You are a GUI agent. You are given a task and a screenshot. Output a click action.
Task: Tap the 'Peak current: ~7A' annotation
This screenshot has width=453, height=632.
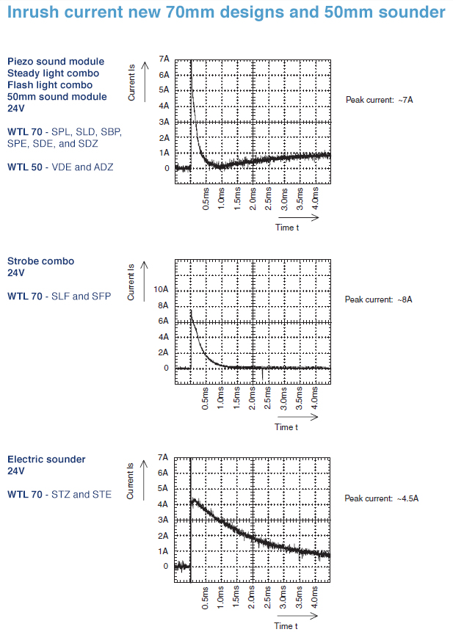pos(380,99)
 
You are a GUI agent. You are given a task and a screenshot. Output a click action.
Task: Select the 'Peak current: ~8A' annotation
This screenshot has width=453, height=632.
pos(379,299)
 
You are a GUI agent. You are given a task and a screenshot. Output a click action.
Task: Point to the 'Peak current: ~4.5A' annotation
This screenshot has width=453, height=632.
pos(382,498)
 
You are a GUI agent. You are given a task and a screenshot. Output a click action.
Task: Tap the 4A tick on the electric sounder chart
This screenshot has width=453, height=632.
pos(164,505)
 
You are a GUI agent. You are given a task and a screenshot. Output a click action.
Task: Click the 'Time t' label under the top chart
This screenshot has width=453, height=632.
pos(286,228)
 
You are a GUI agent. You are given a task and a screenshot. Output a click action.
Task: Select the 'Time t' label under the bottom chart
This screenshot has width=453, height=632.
pos(286,626)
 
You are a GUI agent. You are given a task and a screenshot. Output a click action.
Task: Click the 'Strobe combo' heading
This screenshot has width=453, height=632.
pos(41,261)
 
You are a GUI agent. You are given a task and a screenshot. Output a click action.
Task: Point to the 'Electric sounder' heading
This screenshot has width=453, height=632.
pos(46,460)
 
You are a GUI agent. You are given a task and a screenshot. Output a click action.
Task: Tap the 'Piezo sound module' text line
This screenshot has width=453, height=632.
pos(56,62)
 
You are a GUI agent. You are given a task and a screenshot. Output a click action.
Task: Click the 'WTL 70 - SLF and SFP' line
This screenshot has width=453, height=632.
pos(59,297)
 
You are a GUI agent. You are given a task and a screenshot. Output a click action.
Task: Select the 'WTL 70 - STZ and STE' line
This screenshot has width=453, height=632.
pos(59,495)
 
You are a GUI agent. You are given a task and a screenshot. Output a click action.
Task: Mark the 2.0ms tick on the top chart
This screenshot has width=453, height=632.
pos(253,199)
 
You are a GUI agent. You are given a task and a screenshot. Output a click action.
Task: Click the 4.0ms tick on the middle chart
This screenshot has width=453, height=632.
pos(316,399)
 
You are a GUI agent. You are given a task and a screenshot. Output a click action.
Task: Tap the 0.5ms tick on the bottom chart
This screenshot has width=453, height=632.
pos(206,598)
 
